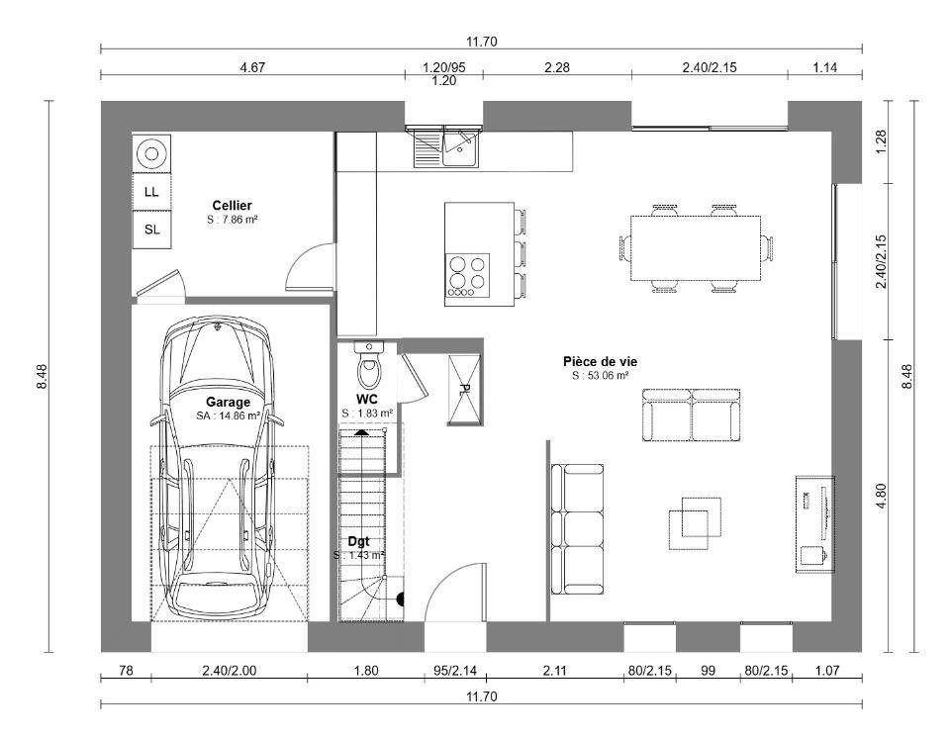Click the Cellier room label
(x=232, y=206)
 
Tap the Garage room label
(x=228, y=402)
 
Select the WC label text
(x=367, y=399)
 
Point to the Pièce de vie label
(x=600, y=362)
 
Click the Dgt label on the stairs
(x=358, y=541)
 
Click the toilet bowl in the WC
(x=368, y=371)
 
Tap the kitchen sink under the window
(x=460, y=147)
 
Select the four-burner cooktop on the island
(x=468, y=275)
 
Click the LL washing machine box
(x=151, y=191)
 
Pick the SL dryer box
(x=151, y=229)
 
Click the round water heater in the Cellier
(x=150, y=153)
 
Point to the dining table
(x=696, y=248)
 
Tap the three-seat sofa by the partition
(x=577, y=529)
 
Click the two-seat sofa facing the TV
(x=692, y=415)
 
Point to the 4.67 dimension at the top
(x=252, y=67)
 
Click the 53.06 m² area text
(x=600, y=376)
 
